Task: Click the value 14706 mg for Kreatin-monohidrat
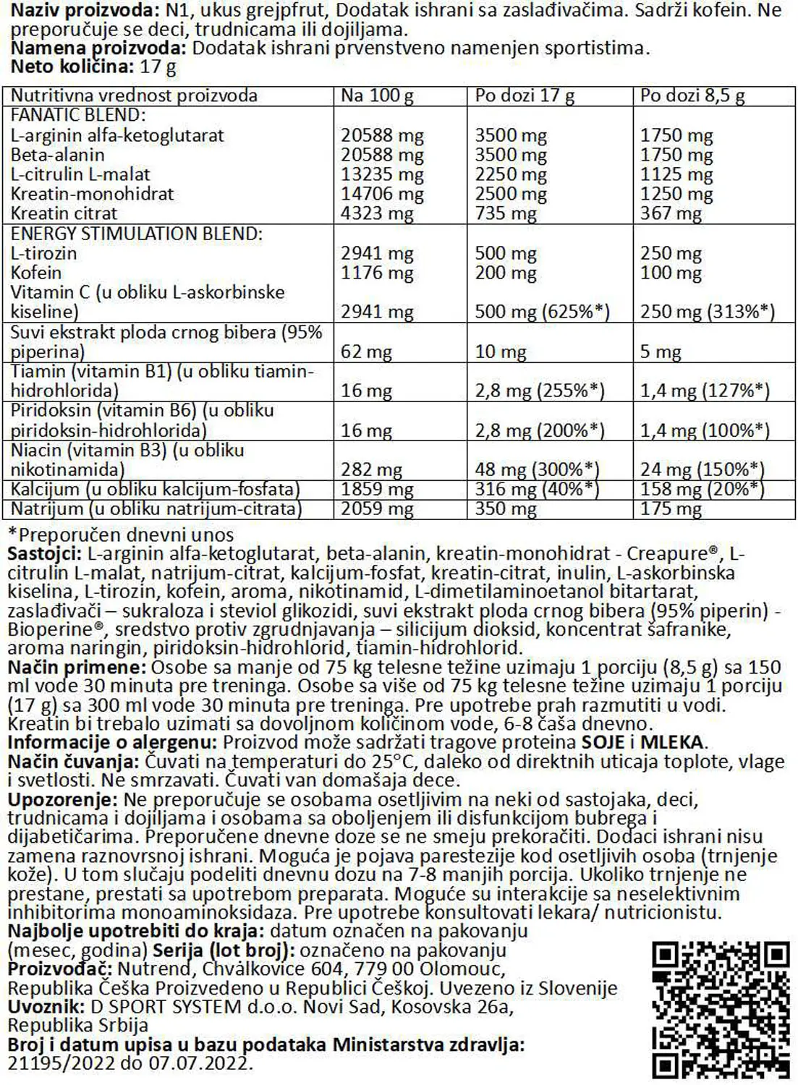click(x=382, y=194)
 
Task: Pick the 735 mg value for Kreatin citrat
click(x=505, y=213)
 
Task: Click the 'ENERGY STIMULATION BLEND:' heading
click(x=136, y=234)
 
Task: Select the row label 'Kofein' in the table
click(x=36, y=273)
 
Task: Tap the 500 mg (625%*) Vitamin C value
click(x=542, y=312)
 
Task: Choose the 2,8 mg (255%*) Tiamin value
click(x=539, y=391)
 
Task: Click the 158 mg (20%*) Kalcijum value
click(x=702, y=489)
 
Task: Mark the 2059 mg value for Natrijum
click(x=377, y=509)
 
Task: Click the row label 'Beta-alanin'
click(x=58, y=155)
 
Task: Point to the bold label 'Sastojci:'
click(x=44, y=554)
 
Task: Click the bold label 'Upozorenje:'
click(x=62, y=800)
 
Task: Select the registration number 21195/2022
click(x=61, y=1064)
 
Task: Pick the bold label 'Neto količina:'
click(x=72, y=67)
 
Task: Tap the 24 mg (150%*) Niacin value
click(x=702, y=469)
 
